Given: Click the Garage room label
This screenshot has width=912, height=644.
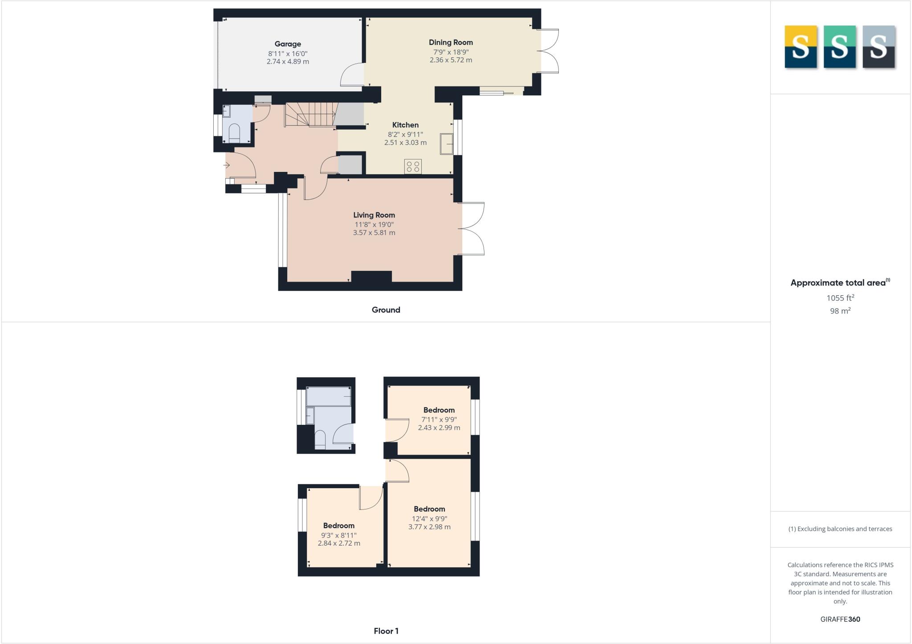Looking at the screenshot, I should tap(288, 44).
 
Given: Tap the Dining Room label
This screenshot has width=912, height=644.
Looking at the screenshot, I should tap(451, 42).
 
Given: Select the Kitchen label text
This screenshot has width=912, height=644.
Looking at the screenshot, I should tap(405, 125).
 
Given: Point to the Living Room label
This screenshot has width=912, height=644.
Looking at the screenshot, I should tap(374, 215).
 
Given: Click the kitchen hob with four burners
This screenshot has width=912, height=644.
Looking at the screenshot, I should tap(413, 167).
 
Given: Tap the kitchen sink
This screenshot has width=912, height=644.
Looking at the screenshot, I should tap(446, 143).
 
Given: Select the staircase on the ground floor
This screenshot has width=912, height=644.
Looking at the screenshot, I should tap(310, 114).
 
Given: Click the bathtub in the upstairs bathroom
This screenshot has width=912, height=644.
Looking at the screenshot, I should tap(329, 396).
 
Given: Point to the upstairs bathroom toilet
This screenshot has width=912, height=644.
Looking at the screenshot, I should tap(320, 439).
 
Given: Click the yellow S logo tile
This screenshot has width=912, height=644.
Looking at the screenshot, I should tap(801, 47).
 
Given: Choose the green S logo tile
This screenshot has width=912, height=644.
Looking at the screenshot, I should tap(839, 47).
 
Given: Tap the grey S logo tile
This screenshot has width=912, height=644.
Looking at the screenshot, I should tap(879, 47).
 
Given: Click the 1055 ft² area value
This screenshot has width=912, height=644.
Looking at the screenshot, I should tap(840, 298).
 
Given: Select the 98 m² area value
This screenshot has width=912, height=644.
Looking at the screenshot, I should tap(840, 311).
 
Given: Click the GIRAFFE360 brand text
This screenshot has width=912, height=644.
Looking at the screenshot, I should tap(840, 619).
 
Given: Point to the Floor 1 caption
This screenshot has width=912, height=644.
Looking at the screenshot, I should tap(386, 631).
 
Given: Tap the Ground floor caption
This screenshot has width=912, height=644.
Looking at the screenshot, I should tap(386, 310).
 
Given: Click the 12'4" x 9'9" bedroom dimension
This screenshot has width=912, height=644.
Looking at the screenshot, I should tap(429, 518).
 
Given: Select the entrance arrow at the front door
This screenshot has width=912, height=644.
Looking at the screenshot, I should tap(227, 165).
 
